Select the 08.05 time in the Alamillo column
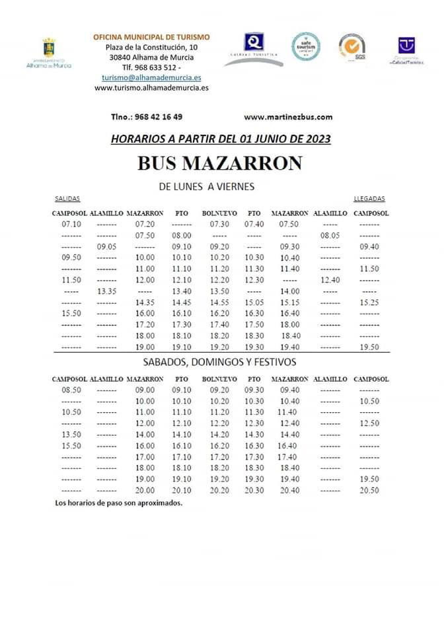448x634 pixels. (330, 235)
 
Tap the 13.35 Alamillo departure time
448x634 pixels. (106, 291)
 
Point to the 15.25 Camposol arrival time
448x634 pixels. (370, 302)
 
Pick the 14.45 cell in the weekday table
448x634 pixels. (181, 302)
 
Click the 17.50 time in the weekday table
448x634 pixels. (254, 325)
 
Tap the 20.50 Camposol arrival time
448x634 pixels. (370, 491)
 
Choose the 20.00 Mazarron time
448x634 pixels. (144, 491)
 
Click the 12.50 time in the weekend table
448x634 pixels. (370, 423)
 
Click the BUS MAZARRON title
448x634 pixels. (219, 163)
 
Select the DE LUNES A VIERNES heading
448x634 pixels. (207, 187)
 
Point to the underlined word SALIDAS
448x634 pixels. (67, 199)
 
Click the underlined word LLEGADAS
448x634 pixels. (369, 199)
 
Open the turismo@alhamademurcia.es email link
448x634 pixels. (151, 77)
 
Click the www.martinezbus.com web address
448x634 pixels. (287, 117)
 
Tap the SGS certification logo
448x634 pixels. (352, 47)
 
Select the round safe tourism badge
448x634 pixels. (306, 46)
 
